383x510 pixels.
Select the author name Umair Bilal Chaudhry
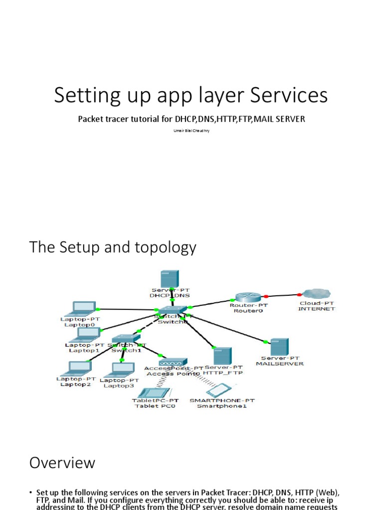(191, 130)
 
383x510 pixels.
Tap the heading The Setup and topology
(113, 247)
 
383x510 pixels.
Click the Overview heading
(62, 463)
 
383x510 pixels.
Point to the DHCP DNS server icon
(170, 280)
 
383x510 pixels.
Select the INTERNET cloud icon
(316, 294)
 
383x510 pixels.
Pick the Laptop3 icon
(119, 369)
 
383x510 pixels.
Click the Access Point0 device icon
(173, 362)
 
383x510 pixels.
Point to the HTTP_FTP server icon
(222, 356)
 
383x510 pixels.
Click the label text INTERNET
(317, 309)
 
